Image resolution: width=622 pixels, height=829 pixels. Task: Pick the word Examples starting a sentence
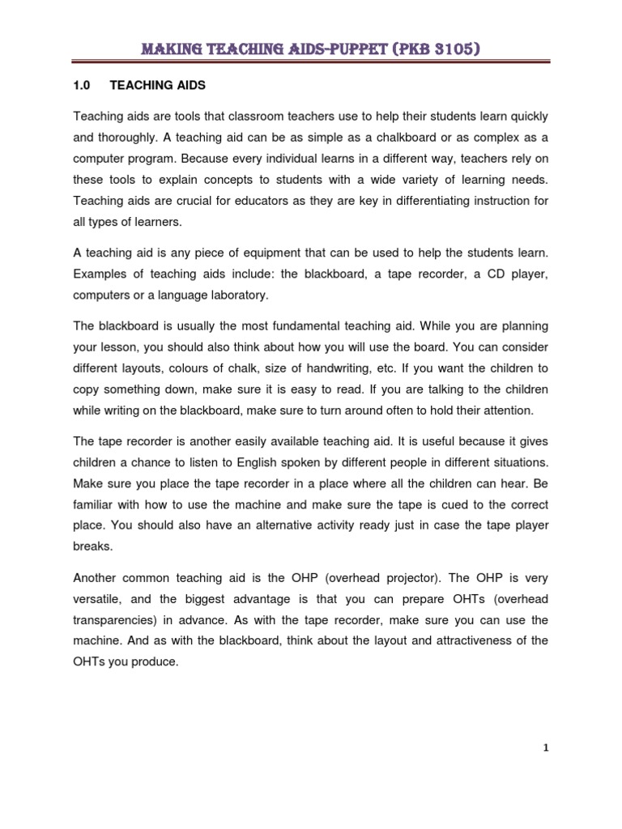point(100,275)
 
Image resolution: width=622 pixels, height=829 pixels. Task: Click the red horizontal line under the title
point(311,64)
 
